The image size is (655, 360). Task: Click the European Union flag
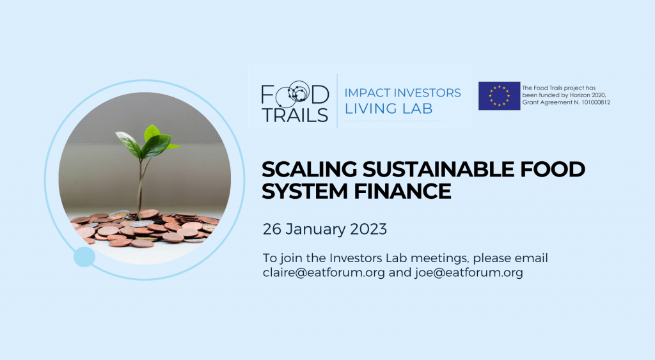point(499,96)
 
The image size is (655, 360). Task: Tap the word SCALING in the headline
point(309,169)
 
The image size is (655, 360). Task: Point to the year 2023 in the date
point(368,230)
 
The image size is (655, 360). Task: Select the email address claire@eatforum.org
point(324,272)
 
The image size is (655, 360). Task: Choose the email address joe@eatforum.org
point(469,272)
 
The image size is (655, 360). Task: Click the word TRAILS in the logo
point(296,115)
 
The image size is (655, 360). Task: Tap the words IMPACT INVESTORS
point(403,93)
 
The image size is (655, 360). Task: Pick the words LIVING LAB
point(388,109)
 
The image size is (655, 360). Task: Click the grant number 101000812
point(596,102)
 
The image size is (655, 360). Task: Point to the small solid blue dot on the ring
point(84,257)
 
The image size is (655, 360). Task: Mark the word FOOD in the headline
point(553,169)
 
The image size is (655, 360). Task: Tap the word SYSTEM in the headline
point(305,191)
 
